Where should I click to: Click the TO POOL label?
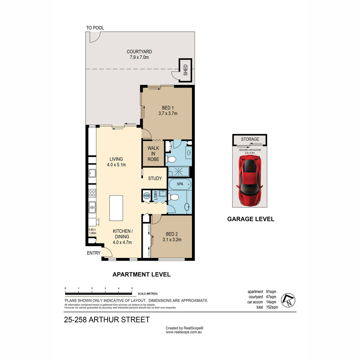[x=95, y=28]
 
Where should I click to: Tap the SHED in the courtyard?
[x=185, y=70]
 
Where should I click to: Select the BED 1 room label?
[x=168, y=108]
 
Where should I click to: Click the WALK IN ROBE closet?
[x=153, y=154]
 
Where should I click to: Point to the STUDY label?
[x=155, y=178]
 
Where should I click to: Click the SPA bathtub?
[x=180, y=184]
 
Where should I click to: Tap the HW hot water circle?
[x=147, y=196]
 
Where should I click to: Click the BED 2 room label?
[x=172, y=234]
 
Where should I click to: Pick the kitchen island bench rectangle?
[x=116, y=208]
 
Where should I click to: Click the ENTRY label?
[x=94, y=253]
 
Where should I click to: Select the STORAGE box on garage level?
[x=250, y=139]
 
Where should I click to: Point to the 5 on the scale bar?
[x=132, y=288]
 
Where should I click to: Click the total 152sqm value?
[x=272, y=307]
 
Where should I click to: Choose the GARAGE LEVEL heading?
[x=251, y=219]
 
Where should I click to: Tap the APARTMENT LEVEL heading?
[x=141, y=274]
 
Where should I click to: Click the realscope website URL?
[x=184, y=332]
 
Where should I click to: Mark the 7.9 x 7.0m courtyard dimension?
[x=139, y=57]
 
